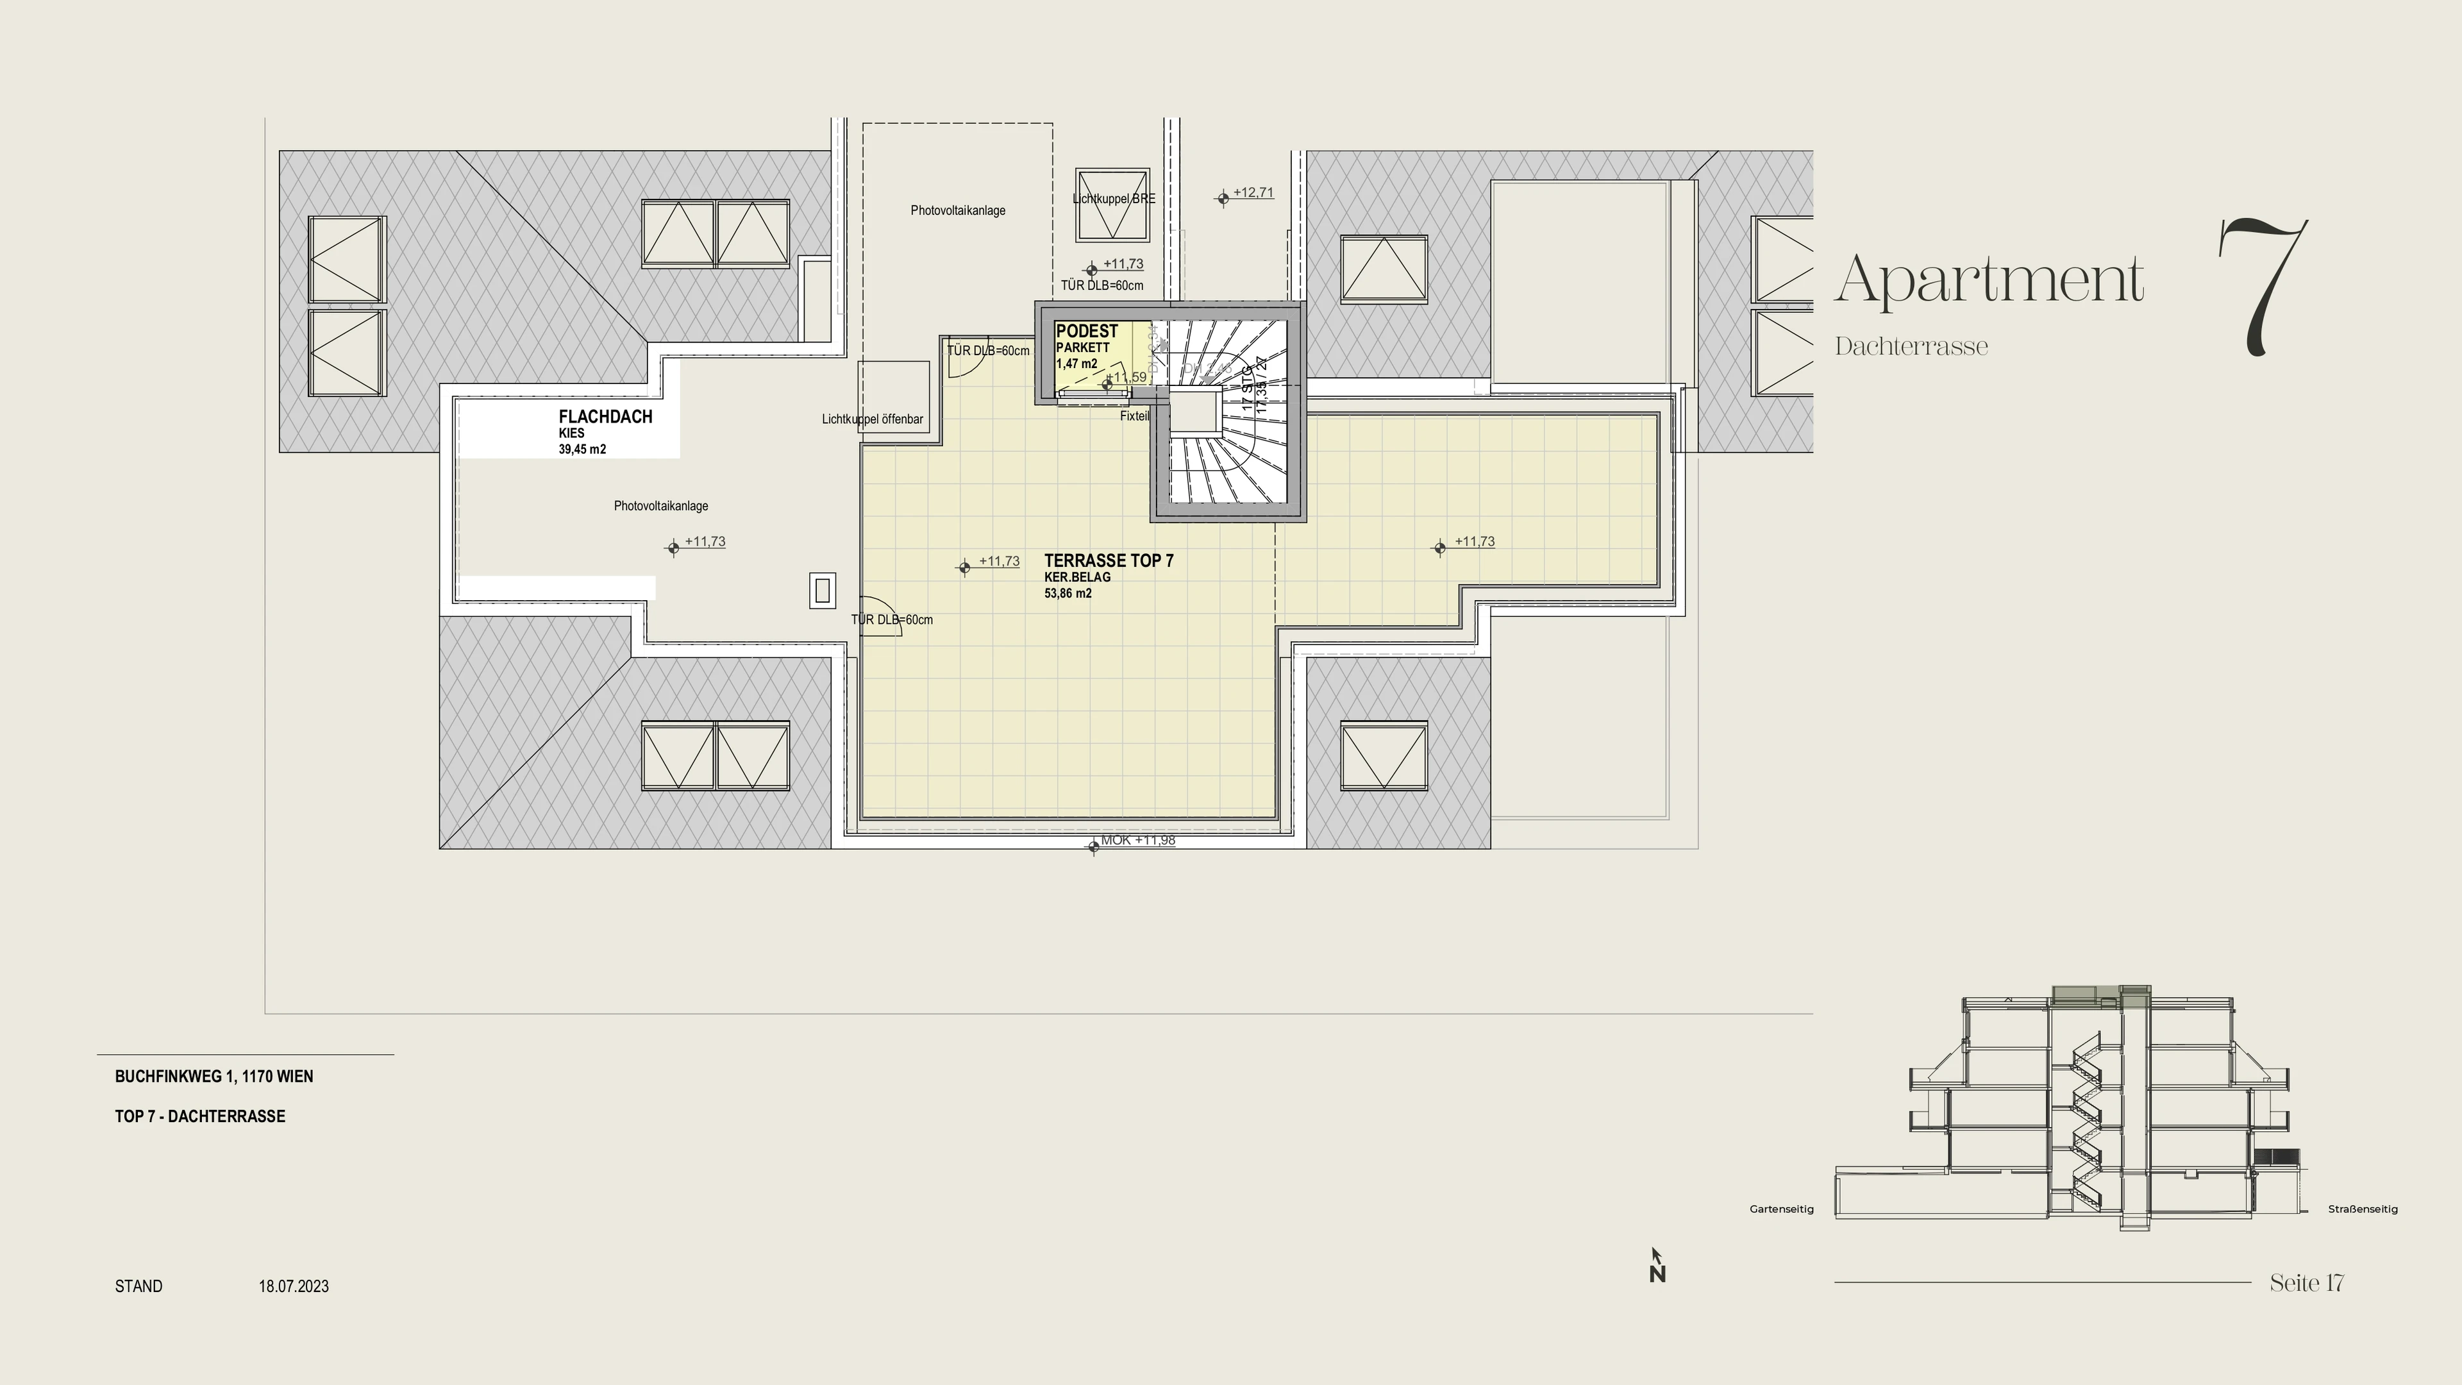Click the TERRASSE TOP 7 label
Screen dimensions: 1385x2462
coord(1109,561)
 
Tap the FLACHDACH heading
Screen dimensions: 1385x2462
coord(605,417)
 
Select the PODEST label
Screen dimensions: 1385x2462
coord(1087,331)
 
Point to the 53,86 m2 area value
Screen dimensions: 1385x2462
coord(1068,594)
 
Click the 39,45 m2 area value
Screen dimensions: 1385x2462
coord(582,449)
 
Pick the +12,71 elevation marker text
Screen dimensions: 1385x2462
coord(1252,192)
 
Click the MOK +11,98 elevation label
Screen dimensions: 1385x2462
coord(1137,840)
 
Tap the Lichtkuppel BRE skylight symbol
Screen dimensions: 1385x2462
coord(1112,205)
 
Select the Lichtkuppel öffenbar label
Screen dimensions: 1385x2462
coord(872,419)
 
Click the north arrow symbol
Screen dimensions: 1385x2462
coord(1657,1266)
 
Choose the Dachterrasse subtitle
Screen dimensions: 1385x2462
coord(1911,347)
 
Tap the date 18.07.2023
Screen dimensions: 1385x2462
coord(294,1286)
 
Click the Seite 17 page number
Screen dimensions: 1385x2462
coord(2306,1282)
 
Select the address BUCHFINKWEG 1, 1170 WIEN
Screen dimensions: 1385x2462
coord(214,1077)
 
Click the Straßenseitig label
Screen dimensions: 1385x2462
coord(2363,1209)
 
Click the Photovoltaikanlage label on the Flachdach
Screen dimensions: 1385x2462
coord(660,506)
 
